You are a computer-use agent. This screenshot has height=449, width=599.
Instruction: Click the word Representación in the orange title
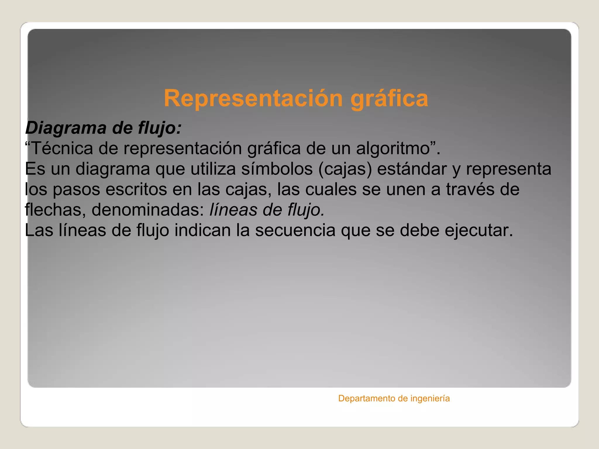click(x=253, y=99)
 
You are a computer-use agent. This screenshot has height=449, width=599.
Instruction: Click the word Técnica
click(x=62, y=148)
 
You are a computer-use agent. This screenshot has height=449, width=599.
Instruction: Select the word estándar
click(x=412, y=169)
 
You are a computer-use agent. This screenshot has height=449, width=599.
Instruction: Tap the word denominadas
click(x=148, y=210)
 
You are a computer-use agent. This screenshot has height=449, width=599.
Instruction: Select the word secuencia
click(x=295, y=230)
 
